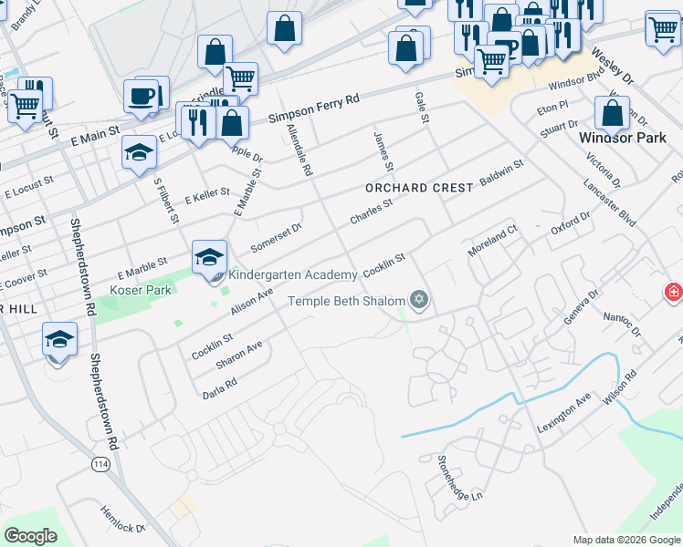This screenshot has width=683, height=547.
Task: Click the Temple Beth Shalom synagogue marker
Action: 419,300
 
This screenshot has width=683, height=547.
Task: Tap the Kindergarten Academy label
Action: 292,275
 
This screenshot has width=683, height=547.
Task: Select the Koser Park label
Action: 141,290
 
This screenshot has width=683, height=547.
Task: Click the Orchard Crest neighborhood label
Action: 419,188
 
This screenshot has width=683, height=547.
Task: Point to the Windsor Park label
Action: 623,139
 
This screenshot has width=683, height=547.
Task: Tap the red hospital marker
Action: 673,292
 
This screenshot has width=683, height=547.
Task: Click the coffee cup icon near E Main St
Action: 141,96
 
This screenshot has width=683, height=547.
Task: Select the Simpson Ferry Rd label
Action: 315,108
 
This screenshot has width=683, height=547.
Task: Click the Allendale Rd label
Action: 299,151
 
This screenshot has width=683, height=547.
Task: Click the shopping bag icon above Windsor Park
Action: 612,113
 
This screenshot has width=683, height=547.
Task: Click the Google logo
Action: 30,536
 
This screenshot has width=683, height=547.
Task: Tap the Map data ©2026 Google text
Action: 625,540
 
